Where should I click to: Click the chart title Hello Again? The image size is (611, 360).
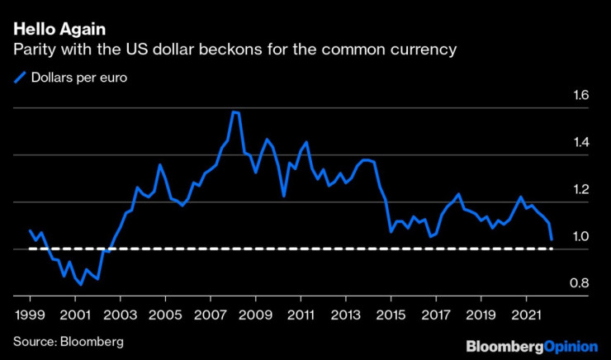pyautogui.click(x=58, y=30)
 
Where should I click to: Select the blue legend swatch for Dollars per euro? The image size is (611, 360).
pyautogui.click(x=20, y=78)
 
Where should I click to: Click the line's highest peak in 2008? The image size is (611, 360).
pyautogui.click(x=234, y=111)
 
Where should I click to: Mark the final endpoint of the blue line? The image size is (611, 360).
pyautogui.click(x=552, y=239)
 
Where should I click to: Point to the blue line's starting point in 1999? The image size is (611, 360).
pyautogui.click(x=31, y=230)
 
